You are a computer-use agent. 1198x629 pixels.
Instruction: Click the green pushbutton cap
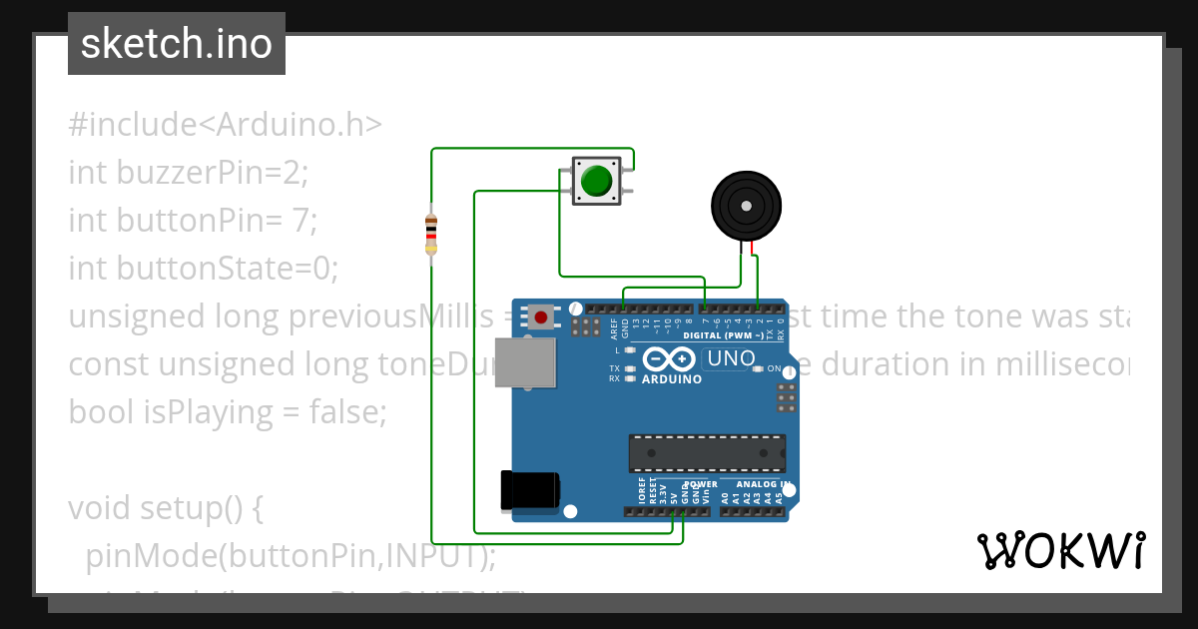pyautogui.click(x=596, y=181)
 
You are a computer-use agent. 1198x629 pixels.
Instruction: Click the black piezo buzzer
pyautogui.click(x=746, y=205)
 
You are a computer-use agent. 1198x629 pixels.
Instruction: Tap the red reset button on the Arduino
pyautogui.click(x=540, y=317)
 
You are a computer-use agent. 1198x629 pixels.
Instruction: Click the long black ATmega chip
pyautogui.click(x=707, y=453)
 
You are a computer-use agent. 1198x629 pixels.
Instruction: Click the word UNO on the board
pyautogui.click(x=729, y=358)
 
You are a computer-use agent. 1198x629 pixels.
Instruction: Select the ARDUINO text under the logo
pyautogui.click(x=671, y=379)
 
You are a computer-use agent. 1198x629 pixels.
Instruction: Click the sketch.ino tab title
pyautogui.click(x=177, y=44)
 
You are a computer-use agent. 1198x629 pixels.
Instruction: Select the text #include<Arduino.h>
pyautogui.click(x=226, y=125)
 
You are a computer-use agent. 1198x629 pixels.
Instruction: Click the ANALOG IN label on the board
pyautogui.click(x=763, y=484)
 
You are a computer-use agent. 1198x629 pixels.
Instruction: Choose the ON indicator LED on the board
pyautogui.click(x=759, y=368)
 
